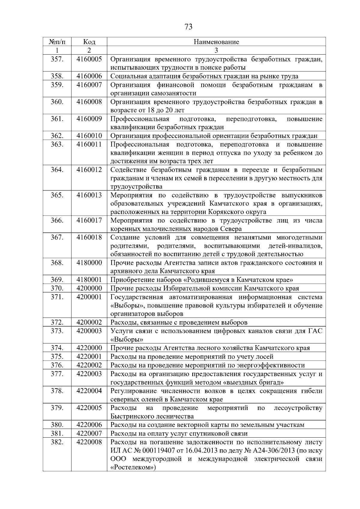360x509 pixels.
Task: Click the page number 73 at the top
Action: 188,27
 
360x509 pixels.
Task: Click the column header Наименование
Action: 216,42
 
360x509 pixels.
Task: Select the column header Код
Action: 89,42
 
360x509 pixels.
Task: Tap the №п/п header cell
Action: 57,42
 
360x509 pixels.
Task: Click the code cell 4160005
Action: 89,59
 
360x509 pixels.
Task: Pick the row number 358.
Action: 57,76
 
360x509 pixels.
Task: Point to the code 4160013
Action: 89,195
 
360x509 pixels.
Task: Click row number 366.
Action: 57,221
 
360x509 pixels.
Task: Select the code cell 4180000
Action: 89,263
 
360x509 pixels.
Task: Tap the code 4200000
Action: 89,289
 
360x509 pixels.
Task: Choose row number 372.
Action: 57,322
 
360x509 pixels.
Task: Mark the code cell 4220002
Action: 89,365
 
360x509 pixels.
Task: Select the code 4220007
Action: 89,433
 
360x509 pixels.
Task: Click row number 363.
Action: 57,145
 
